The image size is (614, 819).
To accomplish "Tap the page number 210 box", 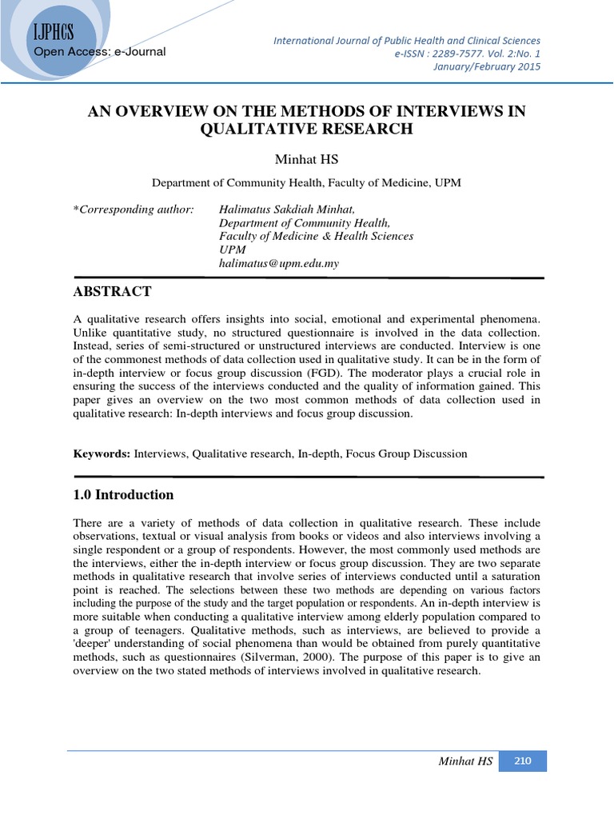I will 523,761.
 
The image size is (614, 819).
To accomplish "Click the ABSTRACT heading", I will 112,290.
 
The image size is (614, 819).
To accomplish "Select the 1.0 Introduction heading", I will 123,495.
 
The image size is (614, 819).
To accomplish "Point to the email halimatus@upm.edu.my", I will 279,263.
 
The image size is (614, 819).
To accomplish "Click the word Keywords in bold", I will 101,453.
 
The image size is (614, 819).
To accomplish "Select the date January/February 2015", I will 497,66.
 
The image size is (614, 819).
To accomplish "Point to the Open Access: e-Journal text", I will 99,52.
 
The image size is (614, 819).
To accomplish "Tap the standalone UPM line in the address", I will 232,250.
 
